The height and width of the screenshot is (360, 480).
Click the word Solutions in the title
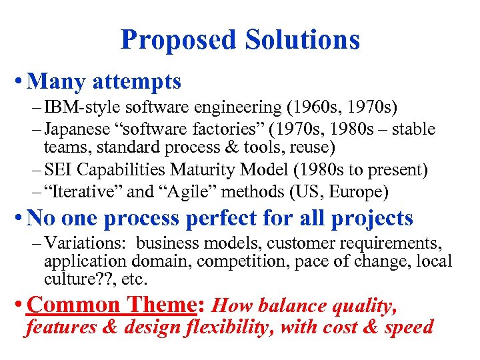pos(303,40)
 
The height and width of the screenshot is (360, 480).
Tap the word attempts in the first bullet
pos(137,82)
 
